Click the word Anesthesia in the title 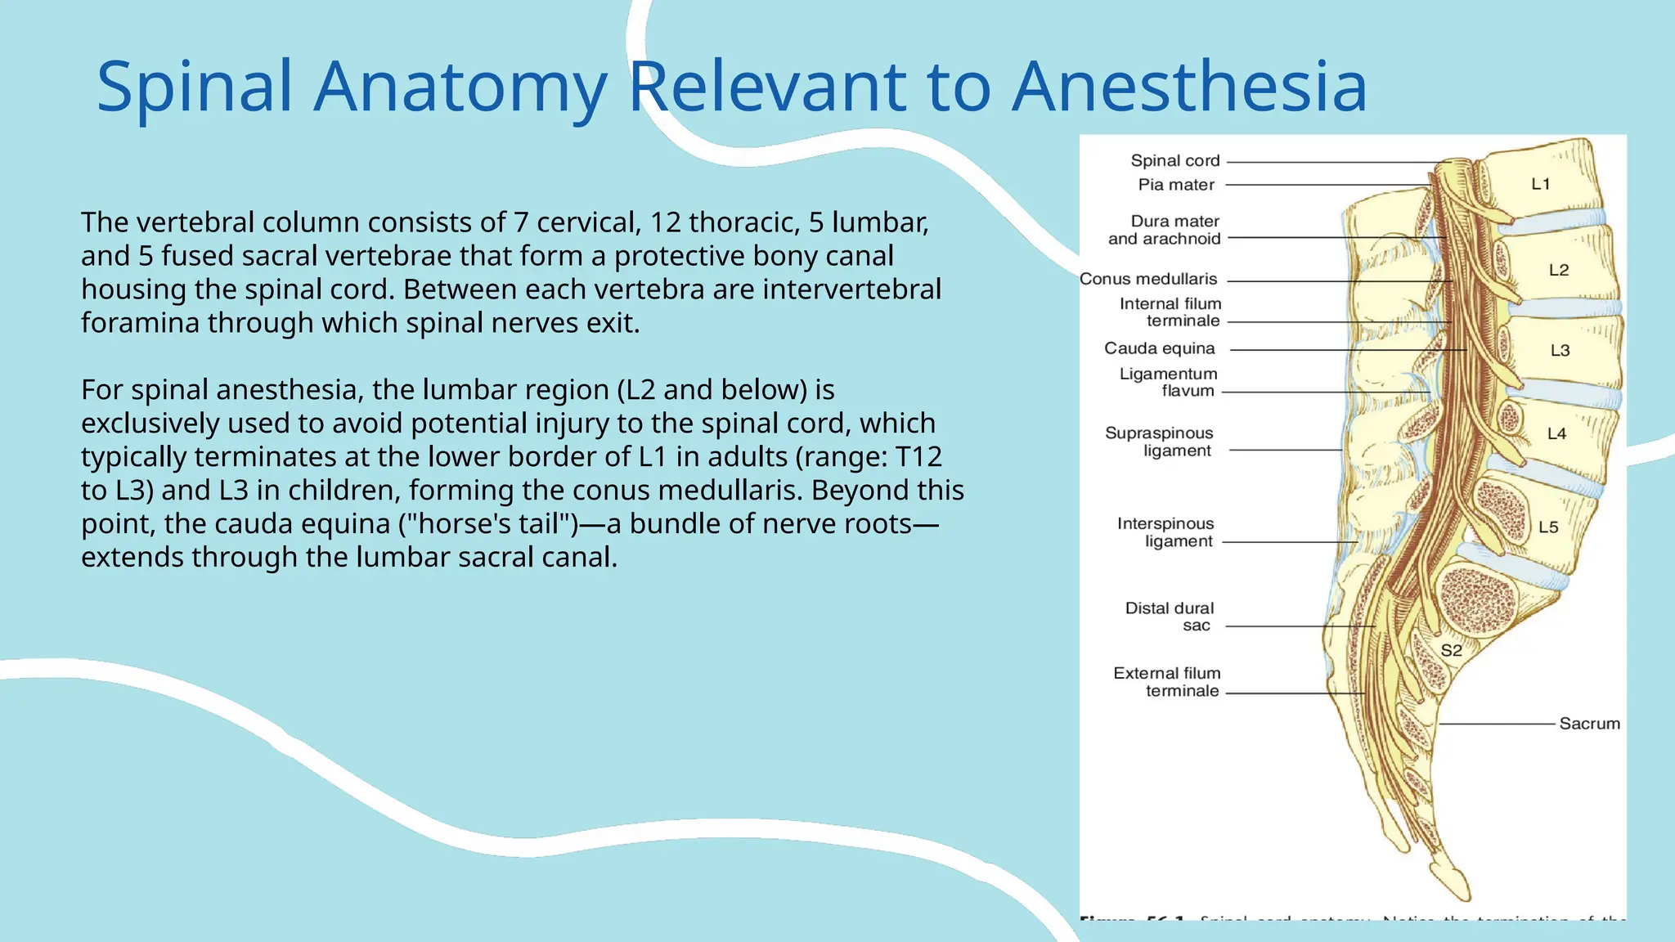point(1189,87)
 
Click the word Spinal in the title point(195,87)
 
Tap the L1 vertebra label point(1541,184)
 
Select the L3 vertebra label point(1560,351)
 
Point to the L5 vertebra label point(1548,527)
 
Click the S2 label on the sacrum point(1451,651)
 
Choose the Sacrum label point(1589,724)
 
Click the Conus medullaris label point(1148,279)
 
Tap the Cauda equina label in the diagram point(1159,348)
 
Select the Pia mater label point(1176,185)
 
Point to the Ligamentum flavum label point(1168,382)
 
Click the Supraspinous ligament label point(1160,442)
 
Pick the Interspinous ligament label point(1166,532)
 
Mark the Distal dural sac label point(1170,617)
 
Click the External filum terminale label point(1167,682)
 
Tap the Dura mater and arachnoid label point(1165,230)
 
